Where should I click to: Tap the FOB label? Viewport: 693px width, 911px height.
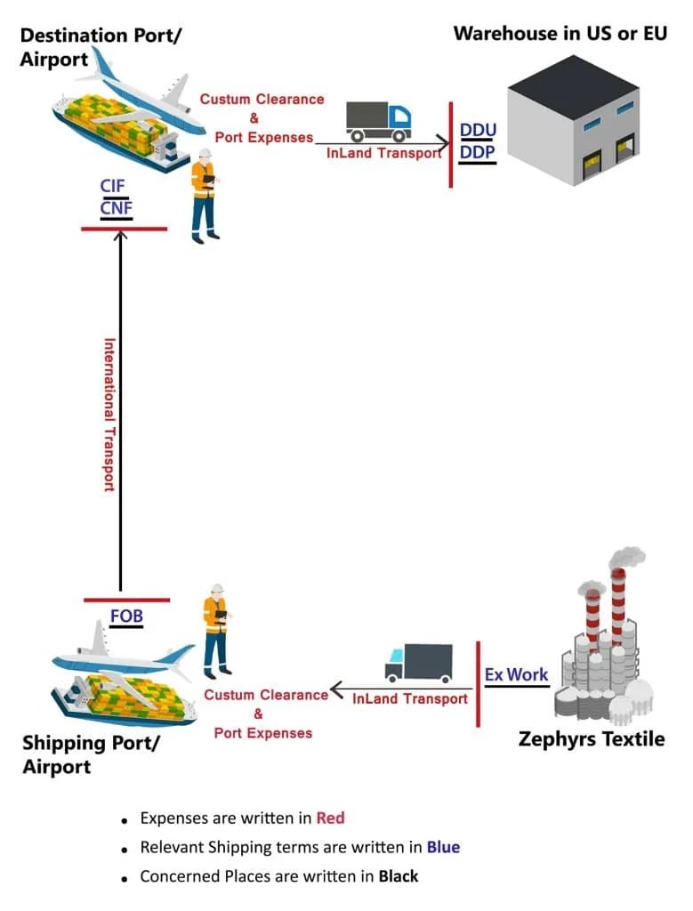(x=126, y=616)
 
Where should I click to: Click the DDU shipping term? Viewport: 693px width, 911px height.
(x=478, y=130)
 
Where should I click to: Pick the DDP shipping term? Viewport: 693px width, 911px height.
(x=478, y=152)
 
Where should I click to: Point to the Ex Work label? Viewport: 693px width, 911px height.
(x=516, y=674)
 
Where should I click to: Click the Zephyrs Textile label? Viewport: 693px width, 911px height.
(x=591, y=739)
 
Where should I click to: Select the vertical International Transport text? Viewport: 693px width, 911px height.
(x=109, y=414)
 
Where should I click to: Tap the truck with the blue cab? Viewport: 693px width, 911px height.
(x=378, y=121)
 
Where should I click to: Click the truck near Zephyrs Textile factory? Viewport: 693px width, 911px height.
(x=418, y=663)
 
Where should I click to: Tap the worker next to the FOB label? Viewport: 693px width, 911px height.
(x=215, y=630)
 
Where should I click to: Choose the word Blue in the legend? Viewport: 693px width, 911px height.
(x=443, y=847)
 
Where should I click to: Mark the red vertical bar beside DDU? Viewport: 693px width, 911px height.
(x=451, y=144)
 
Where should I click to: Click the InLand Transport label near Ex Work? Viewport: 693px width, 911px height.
(x=409, y=698)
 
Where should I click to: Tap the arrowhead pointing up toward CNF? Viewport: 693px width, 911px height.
(x=120, y=237)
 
